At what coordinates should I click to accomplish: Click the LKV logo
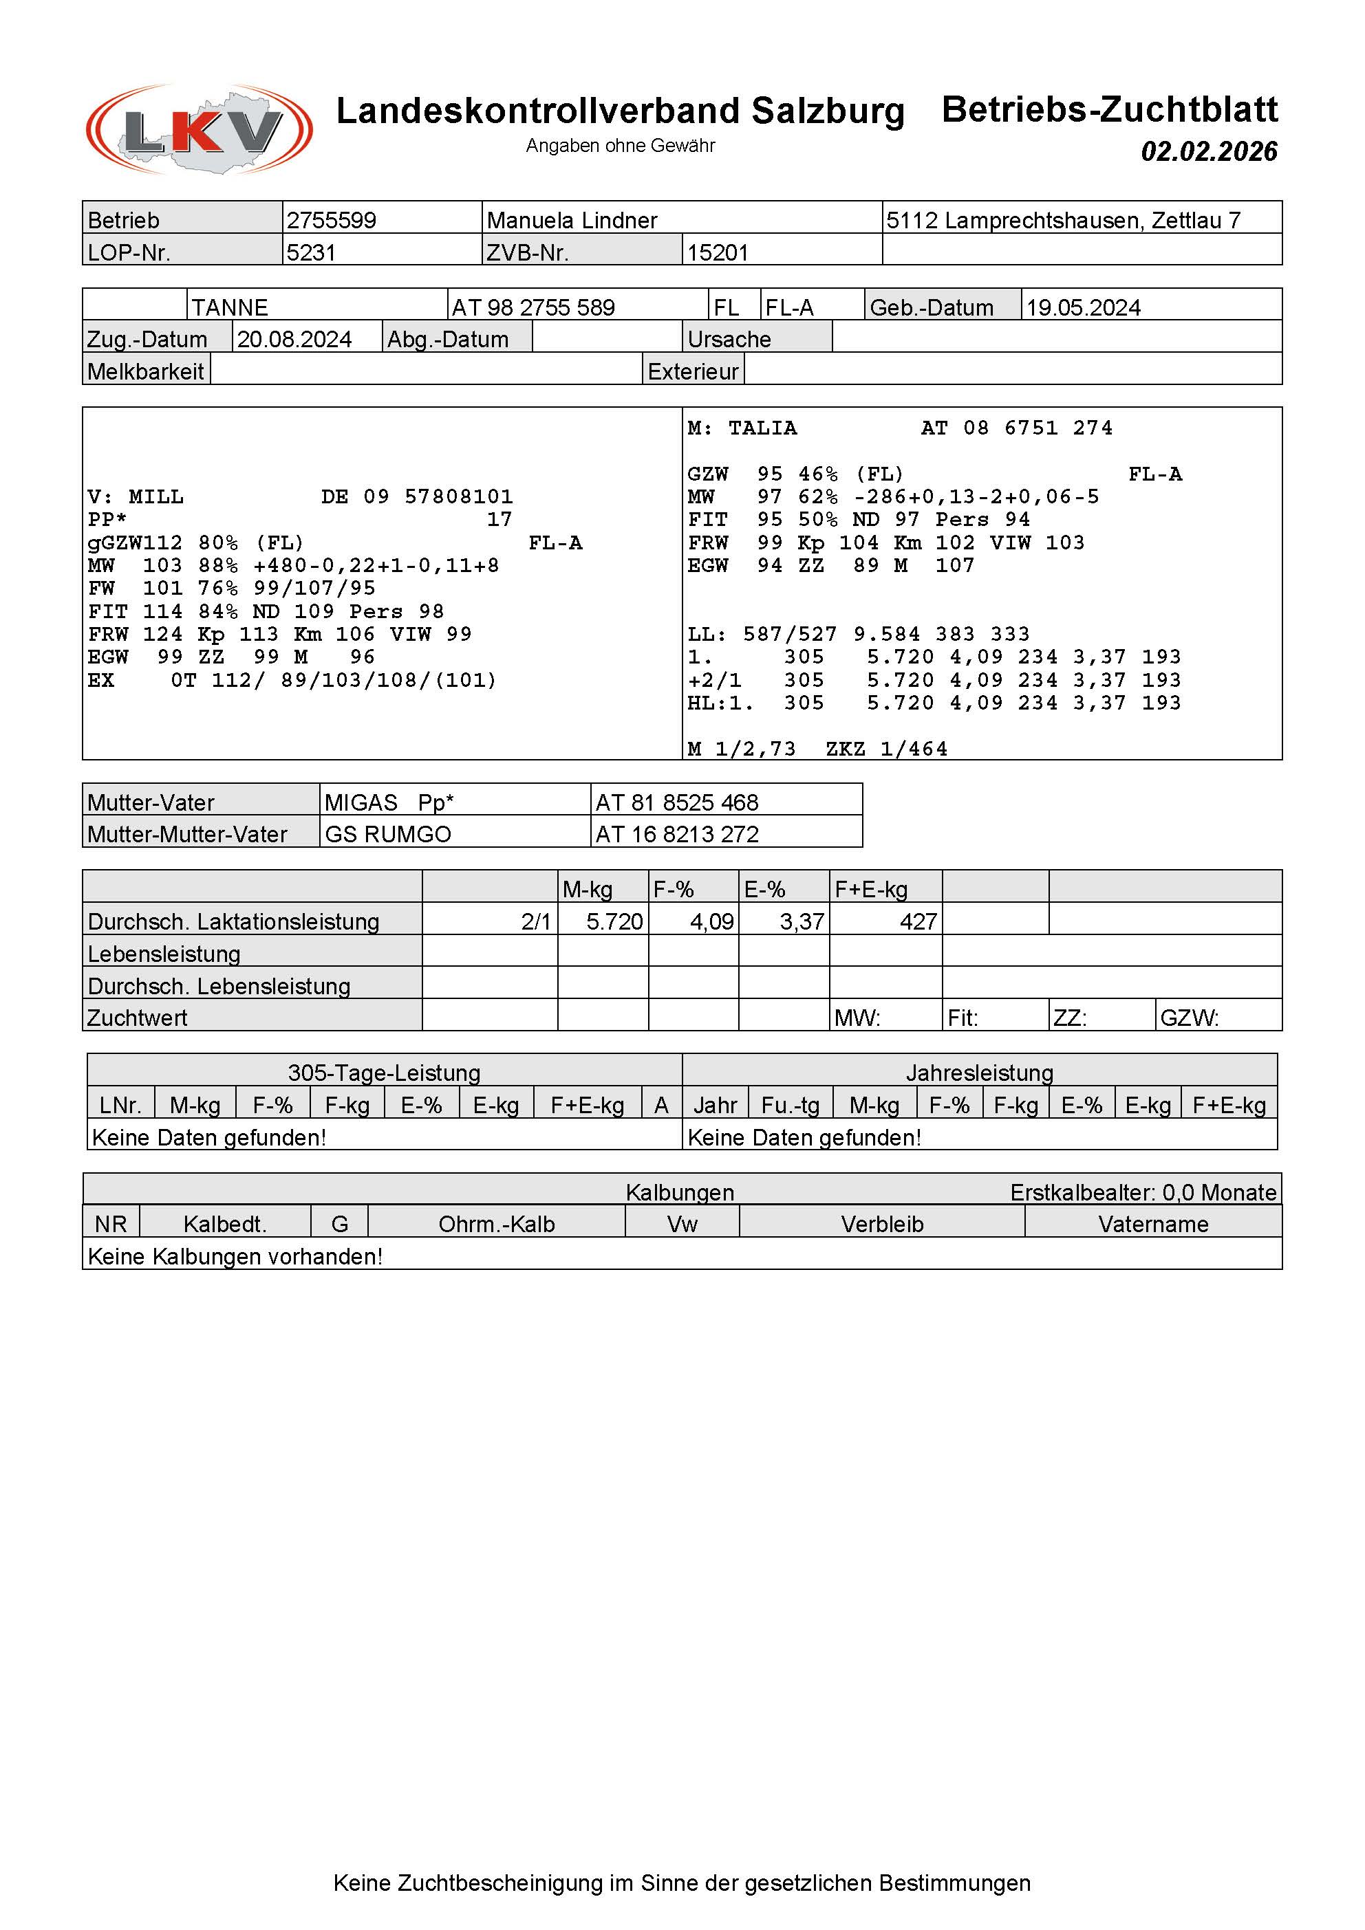200,129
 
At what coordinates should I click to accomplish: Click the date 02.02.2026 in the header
1209,151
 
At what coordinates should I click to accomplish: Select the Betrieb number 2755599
332,220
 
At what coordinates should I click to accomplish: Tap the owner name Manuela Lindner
572,220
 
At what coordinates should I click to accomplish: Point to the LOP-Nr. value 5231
311,252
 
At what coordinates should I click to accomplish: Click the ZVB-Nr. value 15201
718,252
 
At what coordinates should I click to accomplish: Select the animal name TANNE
230,307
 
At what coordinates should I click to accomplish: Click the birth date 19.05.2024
1083,307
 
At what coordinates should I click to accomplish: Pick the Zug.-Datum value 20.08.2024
294,339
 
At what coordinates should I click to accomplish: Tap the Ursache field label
729,339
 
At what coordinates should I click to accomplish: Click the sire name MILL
155,497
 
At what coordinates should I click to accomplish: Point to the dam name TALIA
762,428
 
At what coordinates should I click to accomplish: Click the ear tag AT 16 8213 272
677,834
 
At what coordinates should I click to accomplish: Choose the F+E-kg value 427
918,921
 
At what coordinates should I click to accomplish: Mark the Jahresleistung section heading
979,1073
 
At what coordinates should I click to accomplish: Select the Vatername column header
1153,1224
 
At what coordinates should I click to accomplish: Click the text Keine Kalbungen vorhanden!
235,1256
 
